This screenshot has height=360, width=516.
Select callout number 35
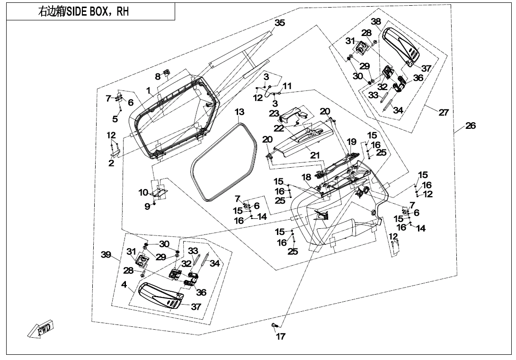point(280,23)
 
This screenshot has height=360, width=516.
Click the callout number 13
point(240,112)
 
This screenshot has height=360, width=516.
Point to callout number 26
point(470,126)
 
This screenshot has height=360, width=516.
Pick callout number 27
point(444,112)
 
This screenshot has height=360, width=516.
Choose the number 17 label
point(280,337)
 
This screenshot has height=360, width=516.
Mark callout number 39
point(106,255)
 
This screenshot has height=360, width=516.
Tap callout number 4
point(124,285)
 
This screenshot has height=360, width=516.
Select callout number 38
point(376,21)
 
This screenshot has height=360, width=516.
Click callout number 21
point(315,155)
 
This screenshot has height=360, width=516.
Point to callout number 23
point(274,113)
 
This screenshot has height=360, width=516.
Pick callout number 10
point(143,192)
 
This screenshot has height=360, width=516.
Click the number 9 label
point(147,207)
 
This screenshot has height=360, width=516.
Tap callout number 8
point(158,77)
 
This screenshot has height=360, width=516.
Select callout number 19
point(351,142)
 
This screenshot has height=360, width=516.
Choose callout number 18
point(306,177)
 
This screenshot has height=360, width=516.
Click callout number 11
point(287,86)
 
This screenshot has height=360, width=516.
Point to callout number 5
point(115,119)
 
